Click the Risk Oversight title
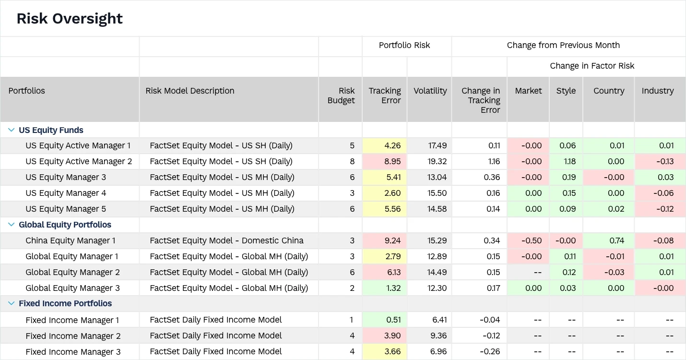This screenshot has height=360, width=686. pos(70,19)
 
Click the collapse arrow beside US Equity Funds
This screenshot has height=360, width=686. pos(12,130)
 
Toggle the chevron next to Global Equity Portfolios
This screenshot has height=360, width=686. pos(12,225)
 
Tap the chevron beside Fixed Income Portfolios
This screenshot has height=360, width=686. pos(12,303)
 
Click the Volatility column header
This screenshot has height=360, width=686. pos(430,91)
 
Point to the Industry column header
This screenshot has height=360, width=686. pos(657,91)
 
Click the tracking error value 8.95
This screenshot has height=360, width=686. pos(392,161)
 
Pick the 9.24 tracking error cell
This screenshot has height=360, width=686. pos(392,240)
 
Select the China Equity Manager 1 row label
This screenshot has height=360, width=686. pos(71,240)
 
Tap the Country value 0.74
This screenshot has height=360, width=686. pos(616,240)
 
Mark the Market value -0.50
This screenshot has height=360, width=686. pos(532,240)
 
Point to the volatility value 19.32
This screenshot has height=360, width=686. pos(437,161)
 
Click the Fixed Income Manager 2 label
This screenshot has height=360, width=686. pos(73,336)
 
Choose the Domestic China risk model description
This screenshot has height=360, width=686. pos(226,240)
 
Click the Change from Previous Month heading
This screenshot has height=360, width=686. pos(563,46)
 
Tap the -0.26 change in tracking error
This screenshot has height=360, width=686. pos(490,352)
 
